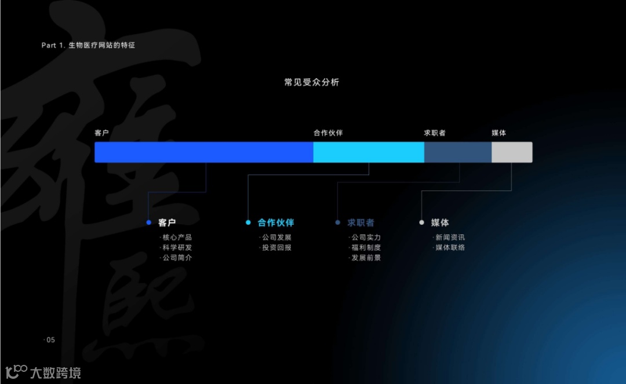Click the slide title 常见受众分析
(311, 82)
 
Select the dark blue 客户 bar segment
(203, 152)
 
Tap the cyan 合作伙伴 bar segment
(369, 152)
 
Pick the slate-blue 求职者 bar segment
(458, 152)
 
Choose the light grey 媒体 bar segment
(512, 152)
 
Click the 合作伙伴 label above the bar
(328, 133)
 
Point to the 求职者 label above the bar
(435, 133)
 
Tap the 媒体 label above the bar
(498, 133)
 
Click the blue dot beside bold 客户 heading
(148, 222)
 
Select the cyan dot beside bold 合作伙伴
(248, 222)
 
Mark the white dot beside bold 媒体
(421, 222)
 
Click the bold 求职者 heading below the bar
(361, 222)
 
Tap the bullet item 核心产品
(177, 237)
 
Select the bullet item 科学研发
(177, 247)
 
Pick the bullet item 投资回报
(276, 247)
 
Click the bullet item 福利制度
(366, 247)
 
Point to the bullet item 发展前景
(366, 258)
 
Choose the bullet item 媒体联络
(450, 247)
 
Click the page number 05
(50, 340)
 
